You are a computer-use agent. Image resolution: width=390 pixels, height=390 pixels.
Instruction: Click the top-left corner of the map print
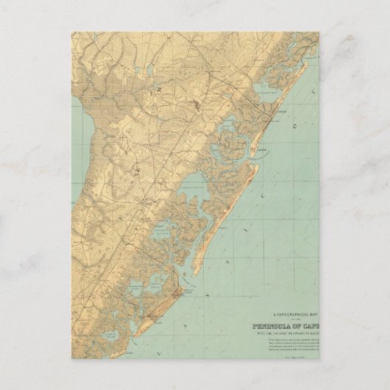(72, 32)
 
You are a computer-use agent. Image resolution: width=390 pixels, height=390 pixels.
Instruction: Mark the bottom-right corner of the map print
(319, 358)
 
